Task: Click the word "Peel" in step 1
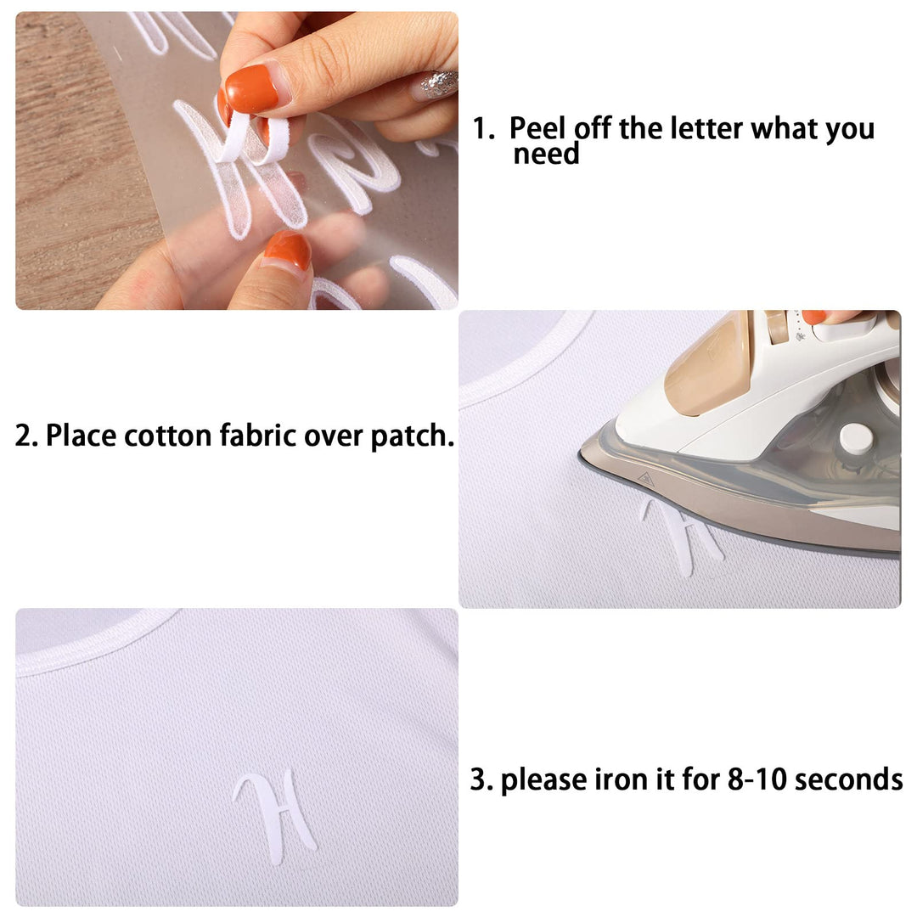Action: (537, 128)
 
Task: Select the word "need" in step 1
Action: (546, 155)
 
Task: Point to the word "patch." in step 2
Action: (413, 437)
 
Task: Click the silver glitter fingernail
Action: (437, 83)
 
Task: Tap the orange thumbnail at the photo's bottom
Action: (289, 250)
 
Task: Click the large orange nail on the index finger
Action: (250, 89)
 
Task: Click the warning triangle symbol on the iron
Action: (645, 479)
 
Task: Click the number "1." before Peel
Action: (483, 129)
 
